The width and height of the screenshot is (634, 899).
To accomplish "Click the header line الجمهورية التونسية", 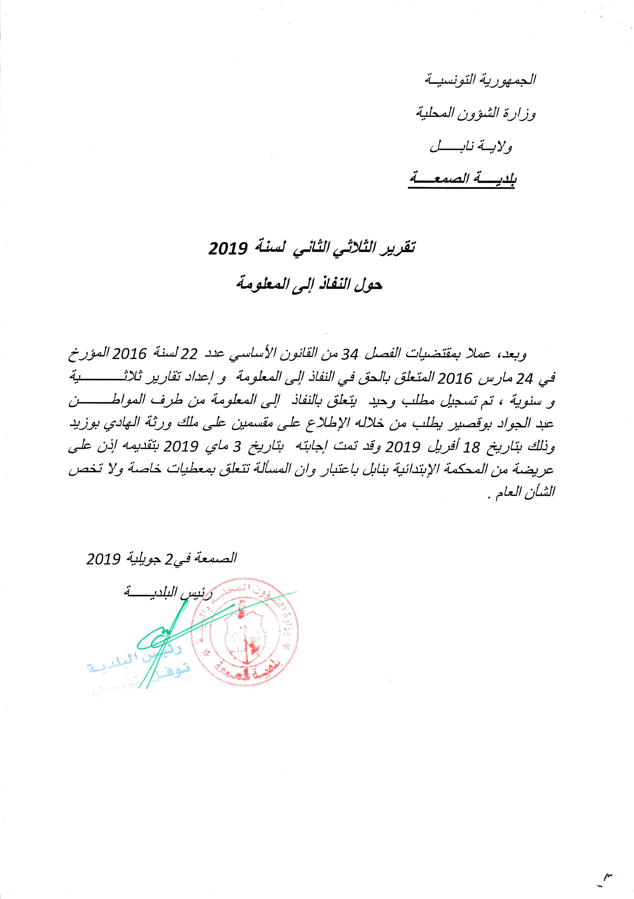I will tap(480, 80).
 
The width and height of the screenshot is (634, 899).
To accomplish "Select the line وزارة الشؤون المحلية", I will tap(475, 114).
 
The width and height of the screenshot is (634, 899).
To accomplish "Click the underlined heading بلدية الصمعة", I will tap(462, 179).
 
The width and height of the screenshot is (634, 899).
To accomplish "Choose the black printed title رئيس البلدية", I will tap(168, 593).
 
